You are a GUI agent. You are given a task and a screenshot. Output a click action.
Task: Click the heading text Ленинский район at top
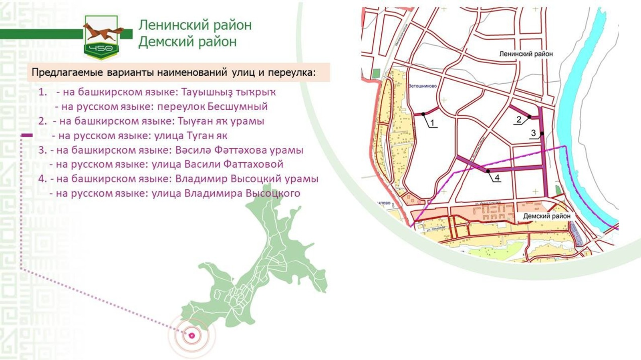(x=195, y=25)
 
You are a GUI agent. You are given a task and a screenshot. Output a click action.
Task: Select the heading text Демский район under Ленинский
(x=187, y=42)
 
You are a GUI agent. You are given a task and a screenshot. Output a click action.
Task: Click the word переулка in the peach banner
(x=291, y=72)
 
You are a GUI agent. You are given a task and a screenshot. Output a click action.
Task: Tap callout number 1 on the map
(x=432, y=123)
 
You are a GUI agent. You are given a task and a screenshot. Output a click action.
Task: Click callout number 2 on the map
(x=519, y=119)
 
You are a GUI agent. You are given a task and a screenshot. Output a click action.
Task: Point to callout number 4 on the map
(x=497, y=177)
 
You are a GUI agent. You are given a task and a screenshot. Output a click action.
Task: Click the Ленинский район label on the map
(x=526, y=54)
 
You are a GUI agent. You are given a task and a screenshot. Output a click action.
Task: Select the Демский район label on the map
(x=546, y=216)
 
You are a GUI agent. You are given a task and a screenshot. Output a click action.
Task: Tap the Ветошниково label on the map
(x=422, y=86)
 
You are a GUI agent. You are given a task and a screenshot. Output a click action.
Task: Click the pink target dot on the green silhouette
(x=192, y=336)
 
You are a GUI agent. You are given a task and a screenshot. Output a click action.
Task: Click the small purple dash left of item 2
(x=26, y=136)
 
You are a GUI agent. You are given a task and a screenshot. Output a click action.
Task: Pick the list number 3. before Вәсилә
(x=42, y=150)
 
